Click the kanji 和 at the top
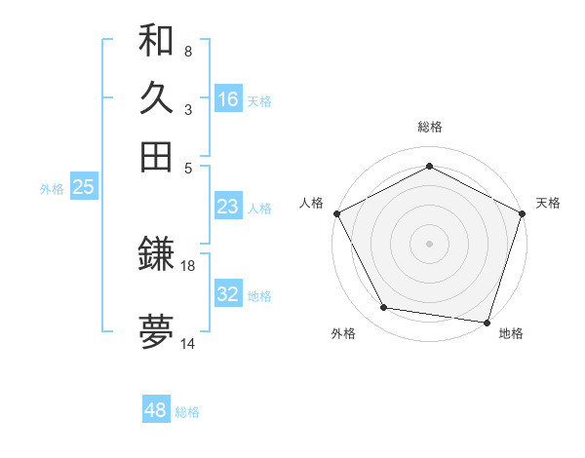[156, 40]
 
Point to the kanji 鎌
[156, 255]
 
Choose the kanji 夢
[156, 332]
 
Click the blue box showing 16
[228, 99]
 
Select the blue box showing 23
[228, 207]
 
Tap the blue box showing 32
[228, 294]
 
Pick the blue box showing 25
[83, 188]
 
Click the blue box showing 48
[156, 410]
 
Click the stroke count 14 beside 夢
[188, 343]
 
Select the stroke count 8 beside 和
[188, 51]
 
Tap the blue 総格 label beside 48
[187, 412]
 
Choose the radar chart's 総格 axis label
[430, 127]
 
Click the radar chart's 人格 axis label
[312, 203]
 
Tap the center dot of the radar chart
[430, 243]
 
